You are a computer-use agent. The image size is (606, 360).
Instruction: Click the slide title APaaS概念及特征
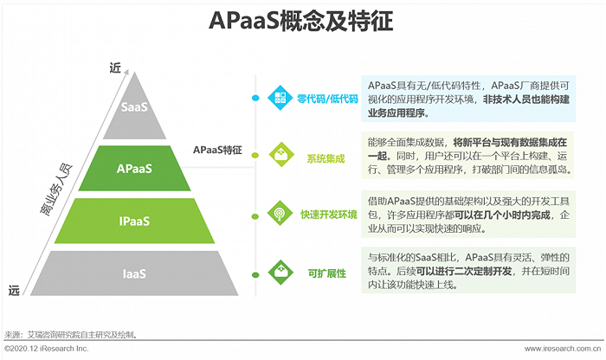[303, 21]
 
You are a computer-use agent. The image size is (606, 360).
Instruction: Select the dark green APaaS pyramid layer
[134, 169]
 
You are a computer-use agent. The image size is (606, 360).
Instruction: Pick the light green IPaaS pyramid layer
[134, 221]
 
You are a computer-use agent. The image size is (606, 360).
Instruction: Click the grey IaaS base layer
[134, 274]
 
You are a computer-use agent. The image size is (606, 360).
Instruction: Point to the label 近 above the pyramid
[114, 67]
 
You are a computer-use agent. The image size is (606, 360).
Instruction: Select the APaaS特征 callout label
[217, 150]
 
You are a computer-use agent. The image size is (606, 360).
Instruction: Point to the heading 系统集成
[326, 157]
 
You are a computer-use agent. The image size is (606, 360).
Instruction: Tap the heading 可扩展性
[326, 273]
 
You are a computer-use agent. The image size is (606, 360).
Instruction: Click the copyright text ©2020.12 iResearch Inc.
[47, 348]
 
